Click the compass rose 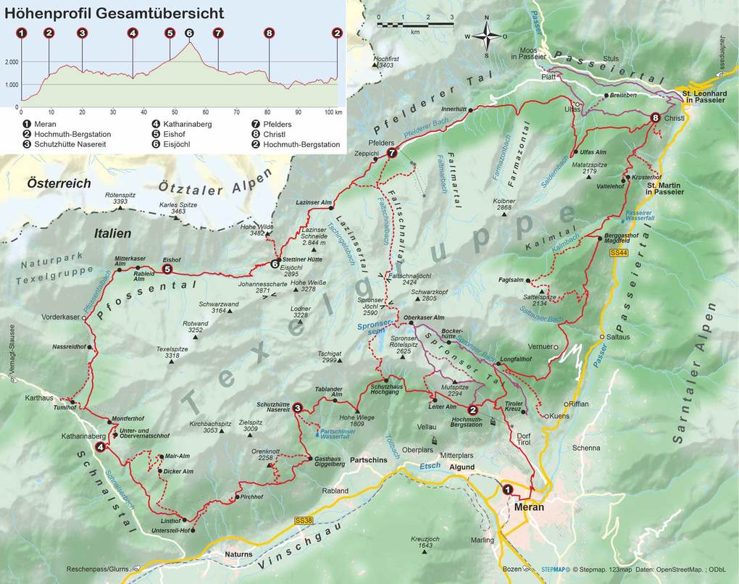487,36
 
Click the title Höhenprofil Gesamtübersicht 114,13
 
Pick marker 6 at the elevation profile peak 189,33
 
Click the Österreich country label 59,184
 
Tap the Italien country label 112,233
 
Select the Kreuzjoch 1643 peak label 425,542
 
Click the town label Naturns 238,554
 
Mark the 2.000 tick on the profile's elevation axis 11,62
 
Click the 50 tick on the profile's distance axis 174,112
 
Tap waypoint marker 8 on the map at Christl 655,117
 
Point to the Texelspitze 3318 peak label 172,352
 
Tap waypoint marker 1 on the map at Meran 508,489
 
